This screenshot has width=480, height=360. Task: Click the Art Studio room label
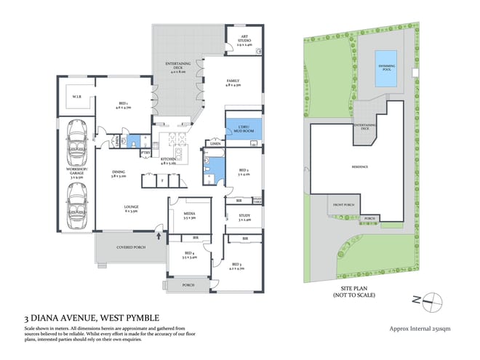tap(241, 42)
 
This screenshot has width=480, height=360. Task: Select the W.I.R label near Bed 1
tap(76, 97)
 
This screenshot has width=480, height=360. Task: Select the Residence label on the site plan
tap(361, 167)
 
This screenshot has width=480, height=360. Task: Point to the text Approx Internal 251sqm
tap(421, 329)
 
